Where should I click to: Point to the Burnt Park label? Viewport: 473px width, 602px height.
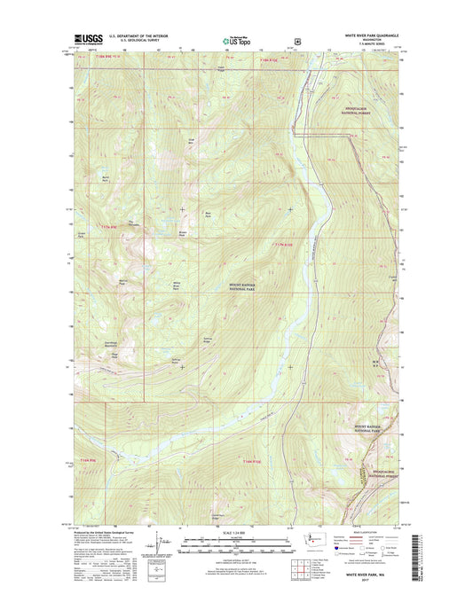click(105, 179)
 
